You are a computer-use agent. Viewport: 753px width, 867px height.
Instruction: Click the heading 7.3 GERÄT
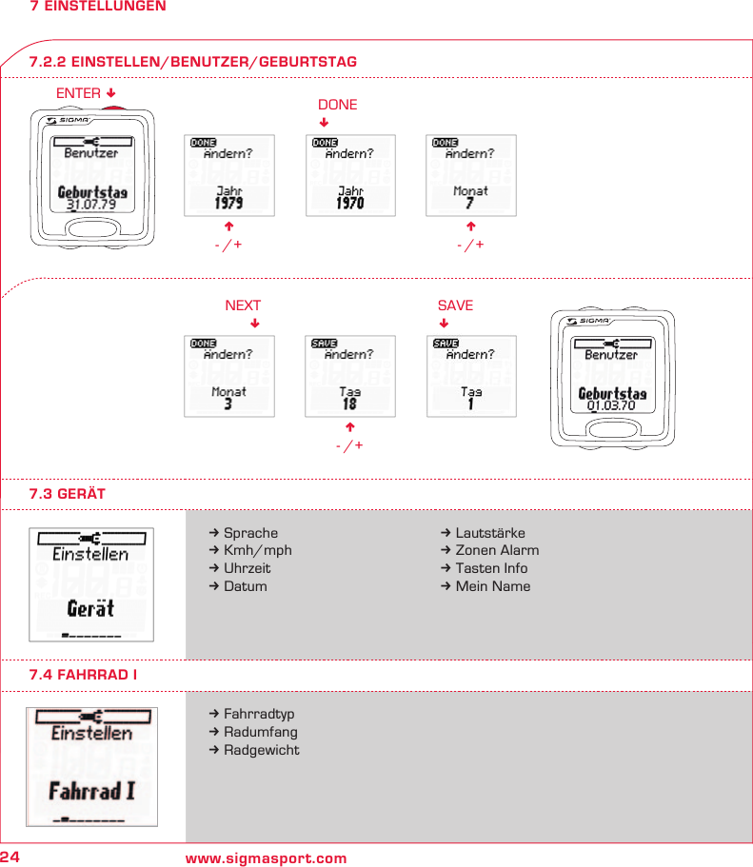tap(67, 494)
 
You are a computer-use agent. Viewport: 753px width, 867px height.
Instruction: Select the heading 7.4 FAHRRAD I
tap(83, 675)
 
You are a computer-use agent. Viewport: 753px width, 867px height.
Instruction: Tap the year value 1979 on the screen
tap(228, 203)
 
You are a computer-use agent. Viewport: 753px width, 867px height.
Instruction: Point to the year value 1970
tap(350, 203)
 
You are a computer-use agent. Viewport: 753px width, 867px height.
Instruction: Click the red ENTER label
tap(78, 93)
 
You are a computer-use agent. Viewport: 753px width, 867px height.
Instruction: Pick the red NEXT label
tap(243, 305)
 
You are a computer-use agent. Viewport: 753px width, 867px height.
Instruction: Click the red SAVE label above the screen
tap(455, 305)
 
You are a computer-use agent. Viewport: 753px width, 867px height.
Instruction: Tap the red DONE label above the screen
tap(337, 105)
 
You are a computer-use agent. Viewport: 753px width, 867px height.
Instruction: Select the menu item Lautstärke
tap(489, 533)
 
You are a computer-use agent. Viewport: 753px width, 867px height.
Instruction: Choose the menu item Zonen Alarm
tap(496, 550)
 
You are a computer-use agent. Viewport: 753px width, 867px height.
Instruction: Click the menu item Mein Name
tap(492, 586)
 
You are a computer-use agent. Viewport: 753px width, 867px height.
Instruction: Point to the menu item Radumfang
tap(260, 732)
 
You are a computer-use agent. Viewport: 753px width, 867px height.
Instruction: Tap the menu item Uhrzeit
tap(247, 568)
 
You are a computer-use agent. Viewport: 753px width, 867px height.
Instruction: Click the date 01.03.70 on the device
tap(611, 406)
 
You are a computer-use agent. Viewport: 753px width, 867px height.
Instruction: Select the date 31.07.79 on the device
tap(91, 205)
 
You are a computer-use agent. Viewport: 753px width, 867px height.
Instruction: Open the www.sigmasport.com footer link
tap(266, 858)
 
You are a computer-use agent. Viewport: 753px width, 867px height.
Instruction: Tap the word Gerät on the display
tap(90, 609)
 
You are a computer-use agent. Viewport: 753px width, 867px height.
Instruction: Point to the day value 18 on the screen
tap(349, 404)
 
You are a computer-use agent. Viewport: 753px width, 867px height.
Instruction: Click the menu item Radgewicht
tap(261, 750)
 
